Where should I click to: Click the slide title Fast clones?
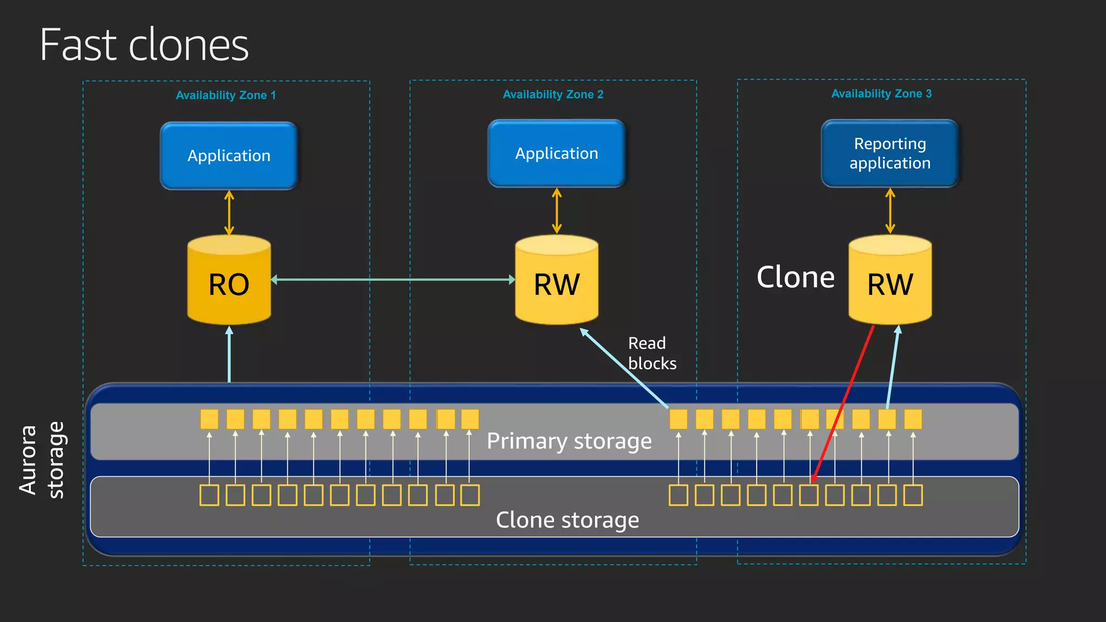pyautogui.click(x=144, y=45)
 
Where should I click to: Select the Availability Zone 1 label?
pyautogui.click(x=226, y=96)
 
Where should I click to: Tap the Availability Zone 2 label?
pyautogui.click(x=553, y=94)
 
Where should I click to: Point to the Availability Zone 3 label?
pyautogui.click(x=881, y=94)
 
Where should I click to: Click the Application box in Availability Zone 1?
pyautogui.click(x=229, y=155)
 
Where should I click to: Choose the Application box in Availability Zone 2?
pyautogui.click(x=556, y=153)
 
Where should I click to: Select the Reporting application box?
pyautogui.click(x=889, y=153)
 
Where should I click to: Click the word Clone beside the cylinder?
pyautogui.click(x=795, y=278)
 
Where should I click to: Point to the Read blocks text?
pyautogui.click(x=652, y=354)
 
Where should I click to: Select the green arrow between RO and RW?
pyautogui.click(x=393, y=280)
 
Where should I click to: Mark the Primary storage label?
pyautogui.click(x=569, y=441)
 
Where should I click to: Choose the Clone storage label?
pyautogui.click(x=567, y=520)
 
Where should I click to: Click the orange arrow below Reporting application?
pyautogui.click(x=890, y=211)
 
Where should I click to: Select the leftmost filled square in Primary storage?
pyautogui.click(x=209, y=419)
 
